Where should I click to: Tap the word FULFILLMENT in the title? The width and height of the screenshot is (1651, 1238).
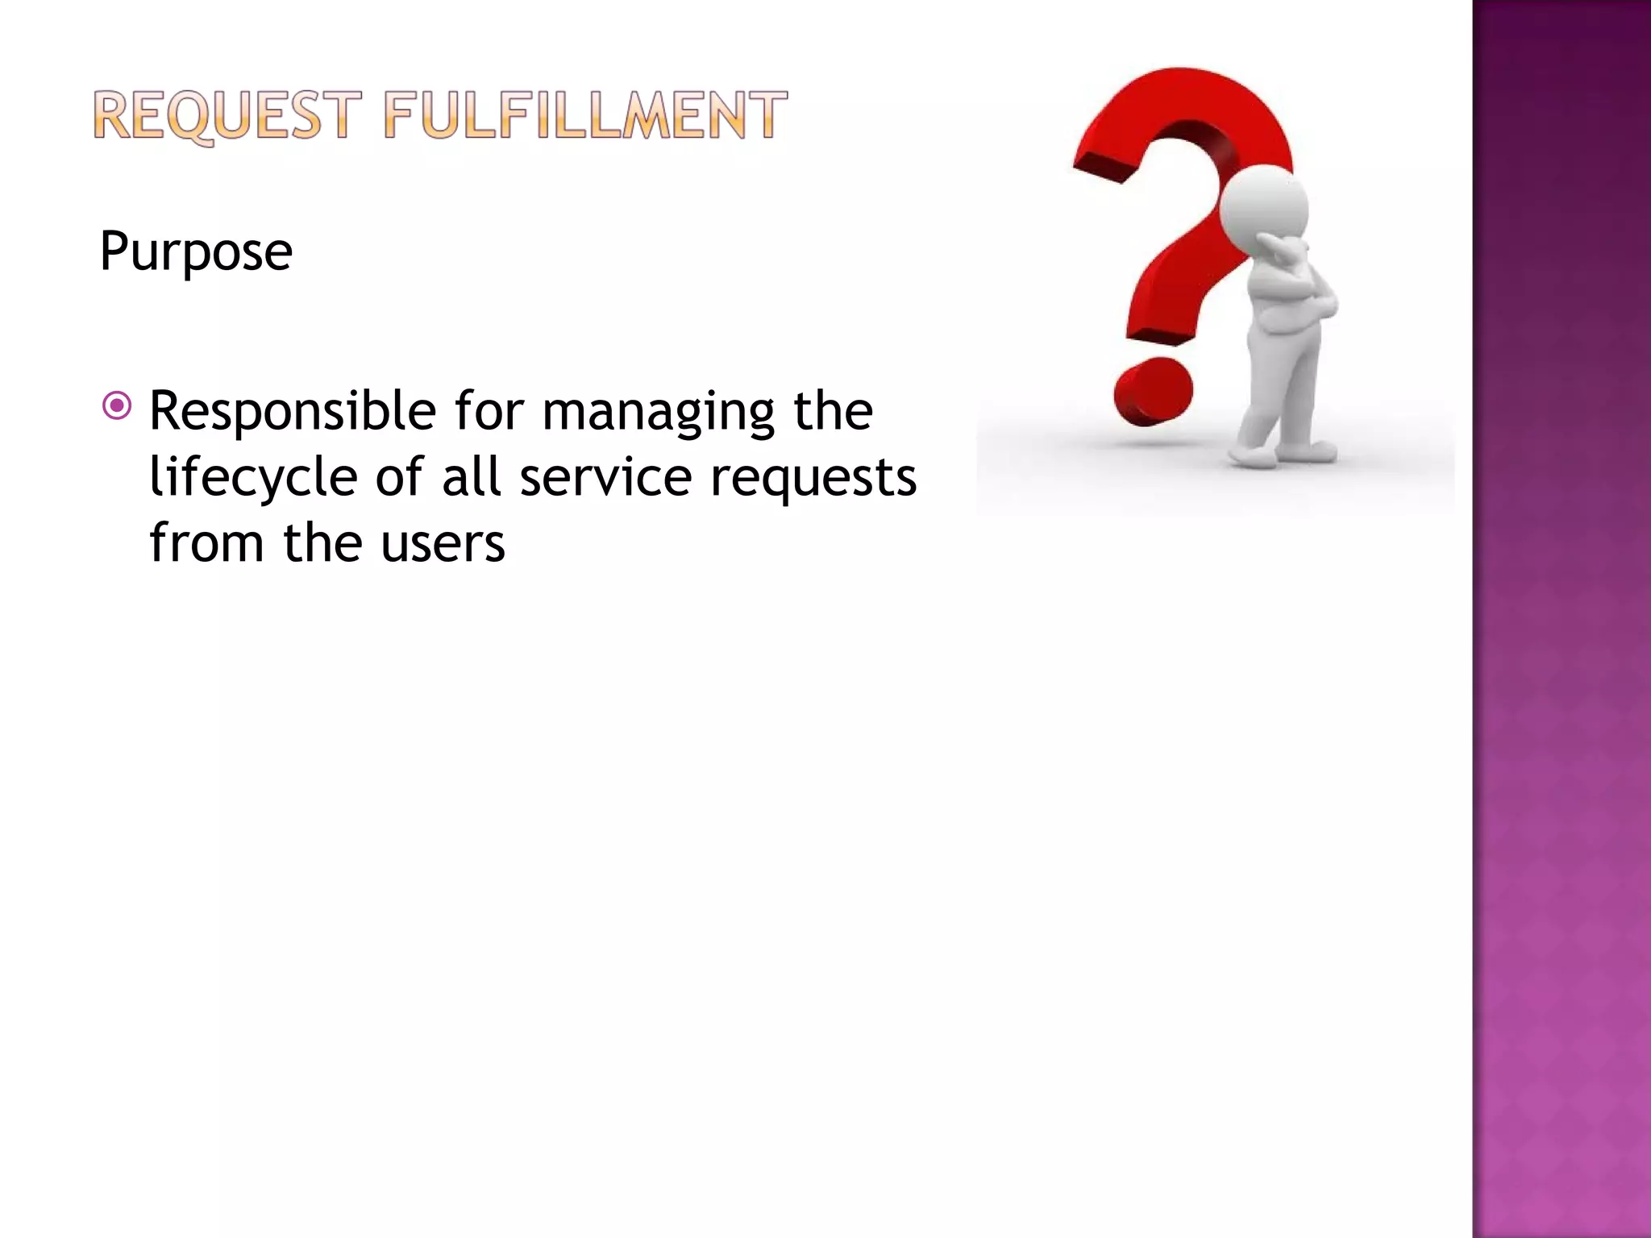pyautogui.click(x=584, y=115)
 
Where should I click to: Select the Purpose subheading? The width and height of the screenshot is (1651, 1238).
pyautogui.click(x=196, y=251)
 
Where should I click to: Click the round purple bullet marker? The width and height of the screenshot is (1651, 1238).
pyautogui.click(x=117, y=405)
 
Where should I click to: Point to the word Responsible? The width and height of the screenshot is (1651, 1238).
pyautogui.click(x=293, y=412)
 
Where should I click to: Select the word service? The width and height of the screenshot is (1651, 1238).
pyautogui.click(x=605, y=477)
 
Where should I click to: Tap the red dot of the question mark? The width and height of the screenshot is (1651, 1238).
pyautogui.click(x=1153, y=393)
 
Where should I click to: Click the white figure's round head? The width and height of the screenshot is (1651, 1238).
pyautogui.click(x=1263, y=203)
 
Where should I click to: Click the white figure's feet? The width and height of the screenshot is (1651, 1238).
pyautogui.click(x=1282, y=455)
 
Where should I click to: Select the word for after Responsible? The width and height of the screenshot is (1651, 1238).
pyautogui.click(x=489, y=411)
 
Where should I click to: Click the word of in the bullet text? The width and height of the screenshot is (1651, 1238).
pyautogui.click(x=399, y=476)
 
